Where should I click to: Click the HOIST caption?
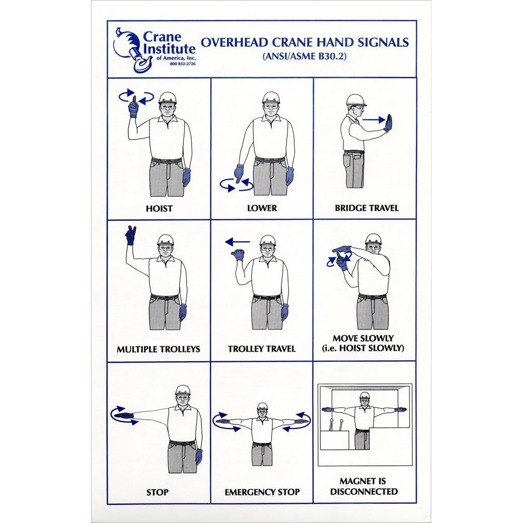tap(159, 209)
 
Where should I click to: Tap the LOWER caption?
tap(262, 208)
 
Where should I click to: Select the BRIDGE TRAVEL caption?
tap(367, 208)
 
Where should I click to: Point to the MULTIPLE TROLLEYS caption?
tap(159, 349)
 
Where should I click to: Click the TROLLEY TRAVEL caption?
tap(262, 349)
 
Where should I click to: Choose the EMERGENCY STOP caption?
tap(262, 492)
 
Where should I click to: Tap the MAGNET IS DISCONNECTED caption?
tap(363, 486)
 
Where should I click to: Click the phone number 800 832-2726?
tap(182, 64)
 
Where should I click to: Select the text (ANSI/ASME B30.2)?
tap(305, 56)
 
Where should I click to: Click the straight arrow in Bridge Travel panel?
tap(374, 120)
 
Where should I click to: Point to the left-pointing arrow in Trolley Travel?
tap(238, 242)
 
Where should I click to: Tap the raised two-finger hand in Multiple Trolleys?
tap(131, 235)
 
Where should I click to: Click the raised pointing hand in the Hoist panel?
tap(134, 107)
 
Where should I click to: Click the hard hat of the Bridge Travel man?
tap(356, 100)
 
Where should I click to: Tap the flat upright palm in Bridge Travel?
tap(388, 123)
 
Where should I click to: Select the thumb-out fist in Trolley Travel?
tap(238, 255)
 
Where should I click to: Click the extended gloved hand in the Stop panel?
tap(123, 416)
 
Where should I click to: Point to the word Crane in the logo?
tap(162, 37)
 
